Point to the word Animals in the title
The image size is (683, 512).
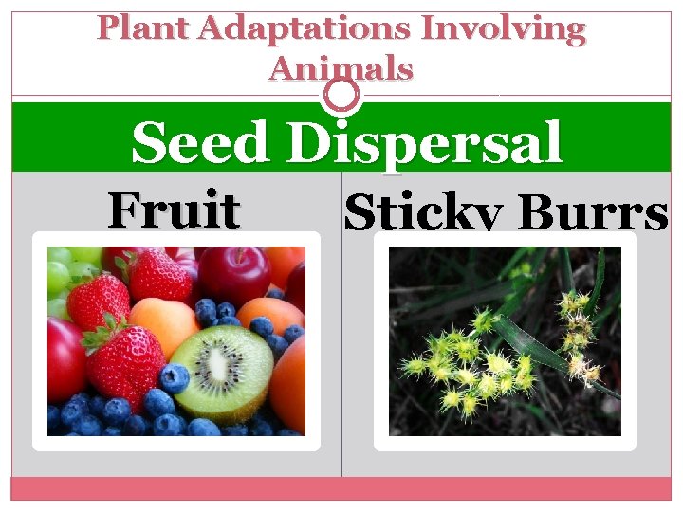341,68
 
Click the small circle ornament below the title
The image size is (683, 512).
341,95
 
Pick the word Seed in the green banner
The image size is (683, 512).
200,144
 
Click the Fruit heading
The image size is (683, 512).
173,210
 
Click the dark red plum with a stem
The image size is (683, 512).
231,274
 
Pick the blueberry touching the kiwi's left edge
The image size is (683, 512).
175,378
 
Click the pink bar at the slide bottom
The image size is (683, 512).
341,488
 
